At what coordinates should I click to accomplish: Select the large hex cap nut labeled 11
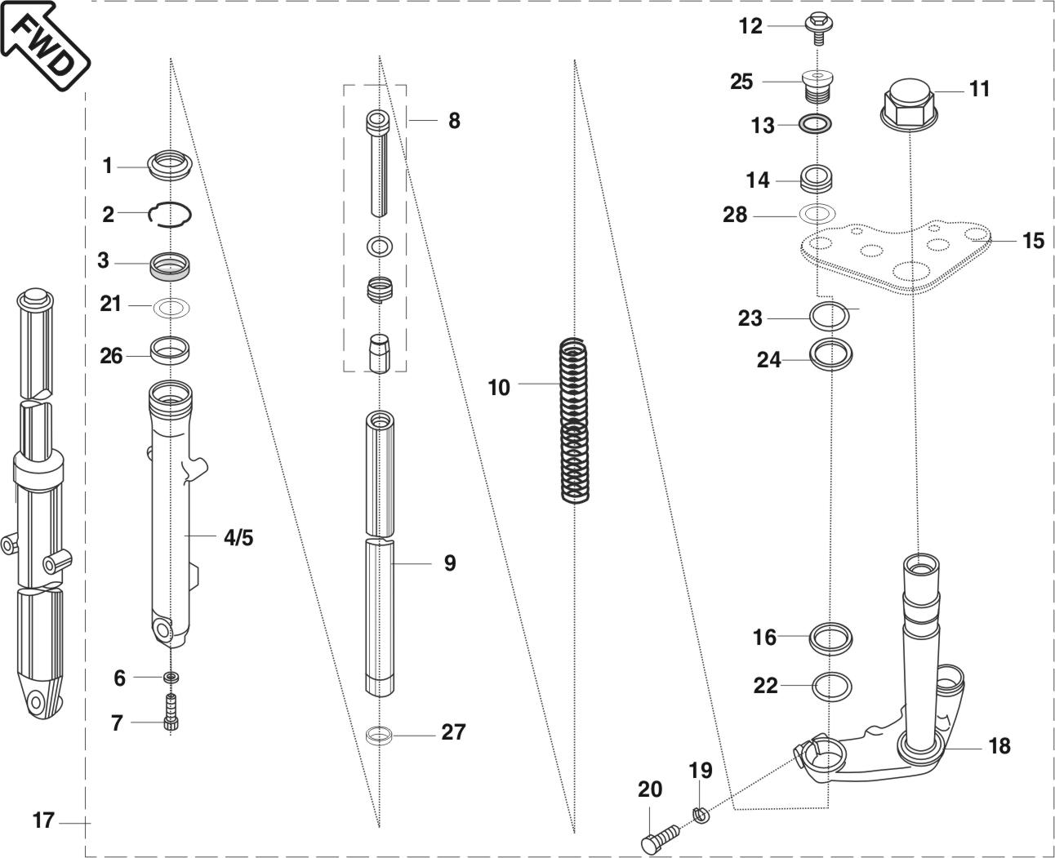click(908, 104)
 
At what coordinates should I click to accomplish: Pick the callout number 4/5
click(238, 538)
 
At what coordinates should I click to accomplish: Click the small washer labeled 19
click(699, 813)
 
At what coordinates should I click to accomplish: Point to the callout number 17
click(43, 820)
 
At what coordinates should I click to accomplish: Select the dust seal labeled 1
click(170, 166)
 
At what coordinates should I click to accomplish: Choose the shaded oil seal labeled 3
click(170, 266)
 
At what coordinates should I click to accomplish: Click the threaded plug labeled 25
click(817, 85)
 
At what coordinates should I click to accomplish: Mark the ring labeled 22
click(832, 686)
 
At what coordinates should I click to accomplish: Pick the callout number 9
click(450, 563)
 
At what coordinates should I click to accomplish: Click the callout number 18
click(999, 746)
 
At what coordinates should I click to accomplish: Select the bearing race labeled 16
click(831, 638)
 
